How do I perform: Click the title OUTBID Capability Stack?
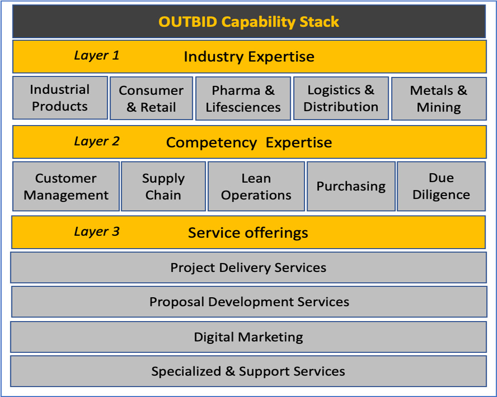point(249,22)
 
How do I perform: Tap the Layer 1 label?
point(97,56)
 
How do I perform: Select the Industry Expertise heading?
point(249,57)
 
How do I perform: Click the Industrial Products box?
point(60,98)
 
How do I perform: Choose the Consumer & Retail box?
point(151,98)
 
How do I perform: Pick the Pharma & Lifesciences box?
point(243,98)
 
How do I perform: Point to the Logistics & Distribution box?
point(341,98)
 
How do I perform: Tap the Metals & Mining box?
point(439,98)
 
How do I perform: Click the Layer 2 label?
point(97,141)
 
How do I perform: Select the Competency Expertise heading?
point(249,142)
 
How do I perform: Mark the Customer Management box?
point(66,187)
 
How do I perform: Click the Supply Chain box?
point(163,187)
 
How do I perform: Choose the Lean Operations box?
point(256,187)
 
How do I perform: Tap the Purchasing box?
point(351,187)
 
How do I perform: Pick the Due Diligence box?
point(441,187)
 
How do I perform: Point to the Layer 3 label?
point(97,231)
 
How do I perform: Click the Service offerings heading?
point(248,233)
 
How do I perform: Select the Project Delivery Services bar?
point(248,267)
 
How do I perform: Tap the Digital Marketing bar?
point(248,337)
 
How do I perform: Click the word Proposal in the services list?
point(177,302)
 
